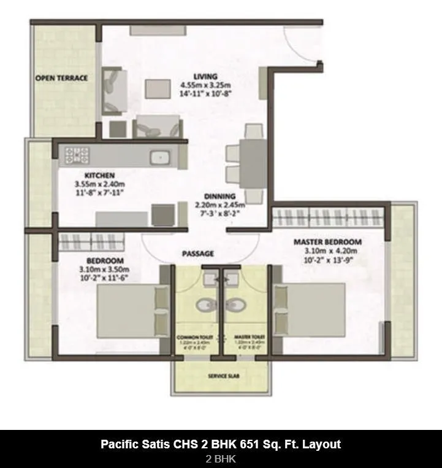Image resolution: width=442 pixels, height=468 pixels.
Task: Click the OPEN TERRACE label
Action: (x=61, y=78)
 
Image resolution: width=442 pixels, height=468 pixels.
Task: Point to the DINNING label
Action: (x=219, y=197)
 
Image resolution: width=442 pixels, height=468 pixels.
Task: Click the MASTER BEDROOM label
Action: (x=327, y=242)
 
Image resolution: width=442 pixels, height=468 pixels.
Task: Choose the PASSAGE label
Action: (x=198, y=253)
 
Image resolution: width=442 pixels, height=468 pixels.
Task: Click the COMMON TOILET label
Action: (x=192, y=338)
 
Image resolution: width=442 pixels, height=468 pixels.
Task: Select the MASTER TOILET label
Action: (x=249, y=338)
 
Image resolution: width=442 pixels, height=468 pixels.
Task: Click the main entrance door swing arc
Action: (x=307, y=46)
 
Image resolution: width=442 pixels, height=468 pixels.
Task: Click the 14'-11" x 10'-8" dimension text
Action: (x=205, y=93)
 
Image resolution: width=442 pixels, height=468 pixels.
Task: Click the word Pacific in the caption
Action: (x=120, y=444)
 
